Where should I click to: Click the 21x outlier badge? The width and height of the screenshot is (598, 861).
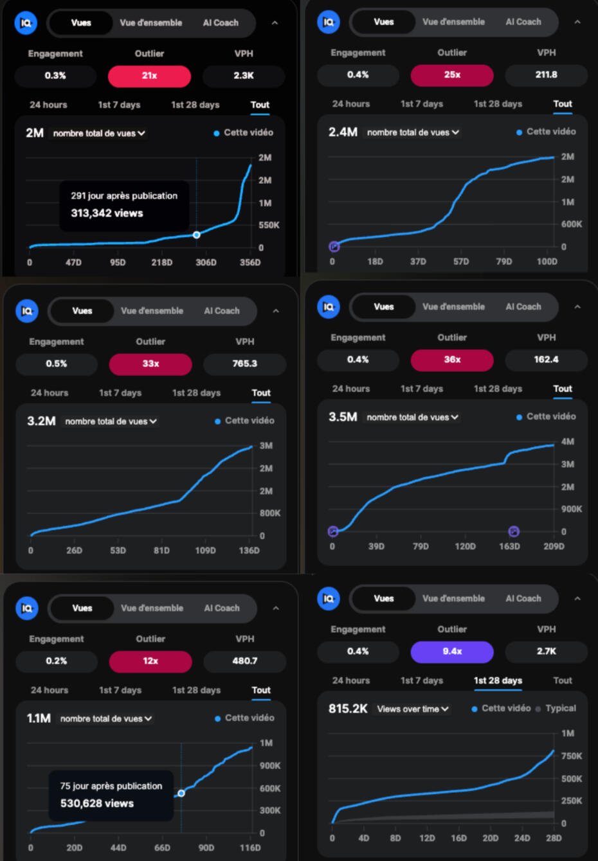[149, 76]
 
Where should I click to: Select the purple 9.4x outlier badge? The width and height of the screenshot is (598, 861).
[452, 652]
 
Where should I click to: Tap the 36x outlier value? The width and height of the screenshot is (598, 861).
[452, 360]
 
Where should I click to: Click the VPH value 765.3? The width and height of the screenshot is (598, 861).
[244, 364]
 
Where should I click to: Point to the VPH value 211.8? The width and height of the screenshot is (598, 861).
[546, 75]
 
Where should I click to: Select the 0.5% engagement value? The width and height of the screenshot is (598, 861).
[57, 364]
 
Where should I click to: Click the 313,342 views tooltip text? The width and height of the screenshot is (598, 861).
[107, 213]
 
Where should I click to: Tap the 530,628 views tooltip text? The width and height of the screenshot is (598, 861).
[97, 803]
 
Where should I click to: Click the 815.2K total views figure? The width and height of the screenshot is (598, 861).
[348, 709]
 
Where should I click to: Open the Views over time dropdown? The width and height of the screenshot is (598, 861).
[413, 709]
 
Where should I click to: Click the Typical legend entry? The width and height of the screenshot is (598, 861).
[560, 708]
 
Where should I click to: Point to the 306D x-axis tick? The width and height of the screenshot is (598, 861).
[206, 263]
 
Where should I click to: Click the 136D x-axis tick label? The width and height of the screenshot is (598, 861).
[249, 551]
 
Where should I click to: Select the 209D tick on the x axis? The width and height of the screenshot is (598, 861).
[554, 547]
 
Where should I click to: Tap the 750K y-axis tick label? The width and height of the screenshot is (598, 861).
[571, 756]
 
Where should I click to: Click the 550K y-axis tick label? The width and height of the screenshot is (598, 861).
[269, 226]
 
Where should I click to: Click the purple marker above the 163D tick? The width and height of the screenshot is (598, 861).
[514, 531]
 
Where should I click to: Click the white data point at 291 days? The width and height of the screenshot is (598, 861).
[197, 235]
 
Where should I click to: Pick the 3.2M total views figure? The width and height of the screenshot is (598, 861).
[41, 422]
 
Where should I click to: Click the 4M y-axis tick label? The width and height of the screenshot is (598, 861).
[567, 442]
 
